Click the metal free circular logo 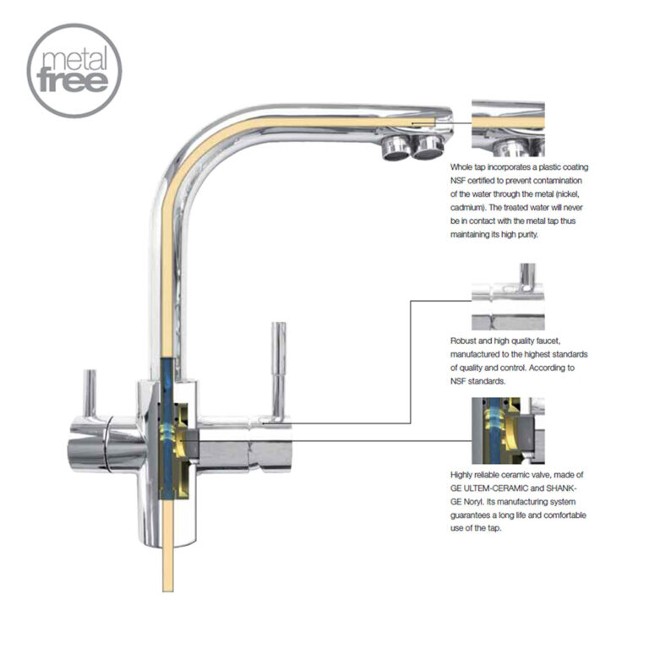tap(74, 70)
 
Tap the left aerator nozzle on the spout tap(394, 148)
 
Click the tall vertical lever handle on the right tap(275, 368)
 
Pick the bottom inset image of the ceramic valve tap(508, 430)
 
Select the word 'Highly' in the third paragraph tap(464, 475)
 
